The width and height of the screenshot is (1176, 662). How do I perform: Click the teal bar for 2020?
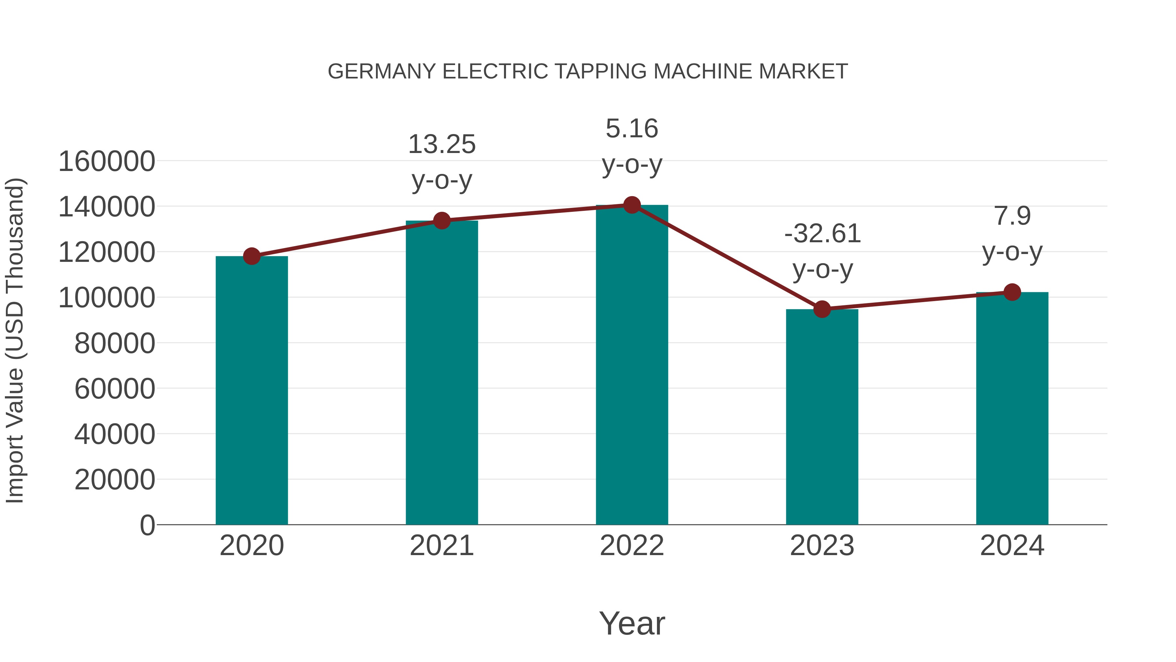click(x=252, y=391)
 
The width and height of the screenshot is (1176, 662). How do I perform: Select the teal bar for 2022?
click(x=632, y=365)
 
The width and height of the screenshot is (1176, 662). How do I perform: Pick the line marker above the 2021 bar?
click(x=441, y=221)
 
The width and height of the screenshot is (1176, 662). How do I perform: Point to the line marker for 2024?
click(x=1012, y=292)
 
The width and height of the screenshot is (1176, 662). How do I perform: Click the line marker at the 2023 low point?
click(x=822, y=309)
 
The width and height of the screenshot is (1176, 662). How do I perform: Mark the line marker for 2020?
click(x=252, y=256)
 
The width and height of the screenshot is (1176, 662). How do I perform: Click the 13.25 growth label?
click(x=441, y=144)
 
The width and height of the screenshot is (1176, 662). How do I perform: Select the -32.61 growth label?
click(x=822, y=234)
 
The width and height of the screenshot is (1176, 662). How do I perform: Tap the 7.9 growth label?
click(x=1012, y=216)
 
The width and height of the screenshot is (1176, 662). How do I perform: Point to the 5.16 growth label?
click(x=632, y=128)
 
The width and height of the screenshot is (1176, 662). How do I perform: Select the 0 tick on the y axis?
click(x=147, y=525)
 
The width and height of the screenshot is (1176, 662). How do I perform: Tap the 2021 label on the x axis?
click(x=441, y=546)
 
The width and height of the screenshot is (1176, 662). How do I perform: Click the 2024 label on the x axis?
click(x=1012, y=546)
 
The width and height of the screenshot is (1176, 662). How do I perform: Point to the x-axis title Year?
click(x=632, y=623)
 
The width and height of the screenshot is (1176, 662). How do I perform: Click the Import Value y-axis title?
click(x=15, y=340)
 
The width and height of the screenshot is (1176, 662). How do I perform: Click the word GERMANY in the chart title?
click(x=382, y=72)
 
